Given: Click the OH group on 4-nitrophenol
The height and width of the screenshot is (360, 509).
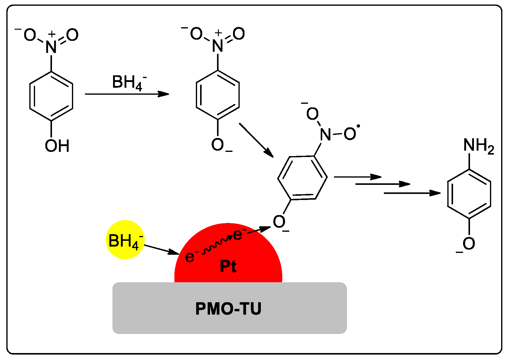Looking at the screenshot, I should point(57,146).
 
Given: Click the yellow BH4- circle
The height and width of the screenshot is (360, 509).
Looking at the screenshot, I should point(125,240).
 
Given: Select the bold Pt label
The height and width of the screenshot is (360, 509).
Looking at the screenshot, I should point(228,267).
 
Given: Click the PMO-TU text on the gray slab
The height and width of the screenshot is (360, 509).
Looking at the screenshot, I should point(228,309).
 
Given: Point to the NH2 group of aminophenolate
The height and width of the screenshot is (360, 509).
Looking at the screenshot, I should point(478,146).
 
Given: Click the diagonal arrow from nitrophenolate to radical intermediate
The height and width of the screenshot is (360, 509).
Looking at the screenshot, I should point(256,140).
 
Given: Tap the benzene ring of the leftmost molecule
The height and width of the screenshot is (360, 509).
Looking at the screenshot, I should point(51,96).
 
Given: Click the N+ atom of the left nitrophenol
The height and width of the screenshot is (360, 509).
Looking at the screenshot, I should point(51,46).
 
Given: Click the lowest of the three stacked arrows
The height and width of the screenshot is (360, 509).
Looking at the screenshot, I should point(412,193).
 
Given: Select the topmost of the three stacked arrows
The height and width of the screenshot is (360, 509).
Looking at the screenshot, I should point(357,177).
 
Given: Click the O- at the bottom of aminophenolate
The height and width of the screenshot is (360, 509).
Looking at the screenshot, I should point(468,244).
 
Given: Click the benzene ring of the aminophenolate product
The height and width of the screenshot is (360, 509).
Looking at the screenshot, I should point(469,194).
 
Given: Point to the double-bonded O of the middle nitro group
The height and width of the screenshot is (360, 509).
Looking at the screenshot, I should point(238,34).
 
